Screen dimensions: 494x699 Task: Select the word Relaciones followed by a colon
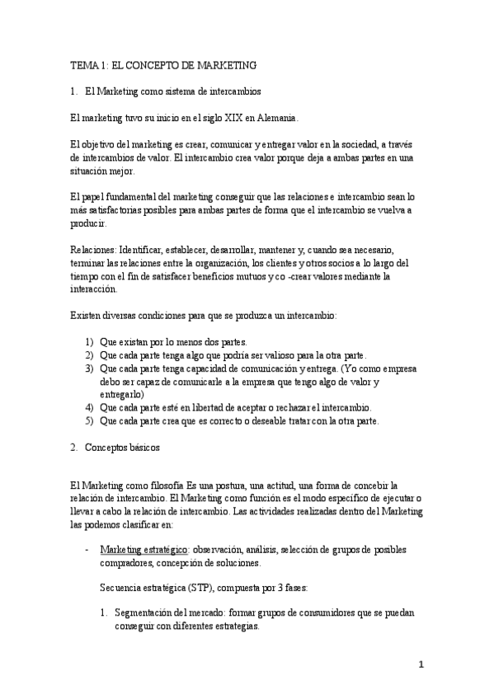(x=92, y=250)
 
